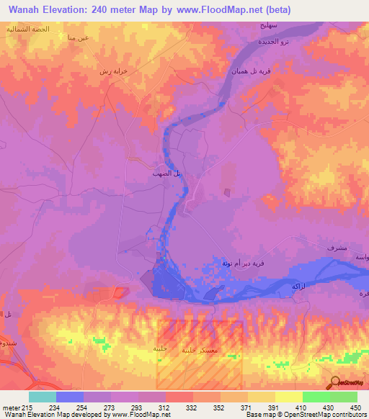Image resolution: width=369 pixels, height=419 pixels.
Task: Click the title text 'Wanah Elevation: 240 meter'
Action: pos(69,10)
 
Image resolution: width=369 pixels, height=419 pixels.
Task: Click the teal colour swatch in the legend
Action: pos(43,397)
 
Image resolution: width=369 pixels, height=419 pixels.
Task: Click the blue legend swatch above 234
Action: pos(70,397)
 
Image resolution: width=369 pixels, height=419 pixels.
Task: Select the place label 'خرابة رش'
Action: pos(114,72)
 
